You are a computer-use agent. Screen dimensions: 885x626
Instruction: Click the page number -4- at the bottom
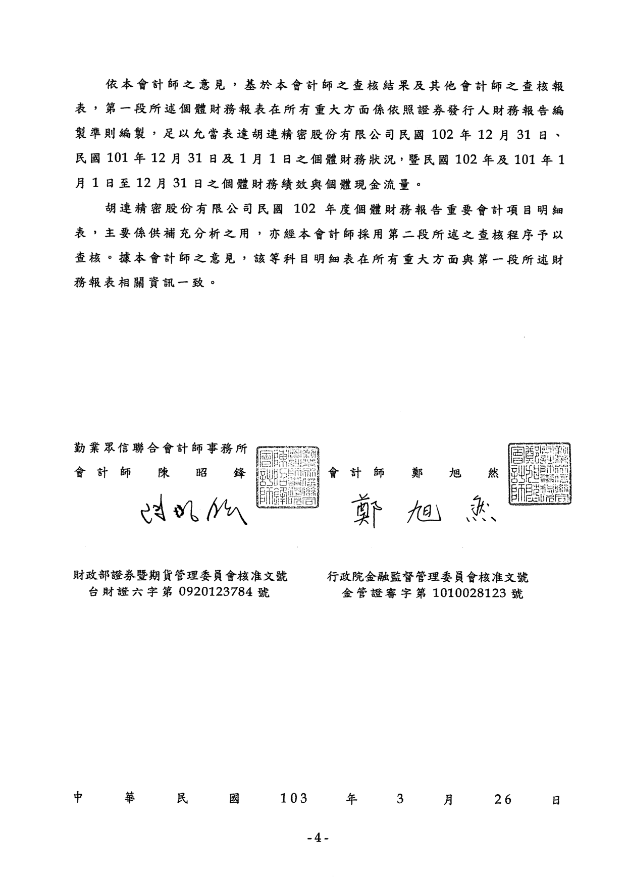(x=318, y=838)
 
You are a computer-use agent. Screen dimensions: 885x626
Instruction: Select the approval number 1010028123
(x=470, y=593)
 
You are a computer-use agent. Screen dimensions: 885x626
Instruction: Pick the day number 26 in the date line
(x=503, y=799)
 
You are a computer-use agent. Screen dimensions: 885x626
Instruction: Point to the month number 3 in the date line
(x=400, y=799)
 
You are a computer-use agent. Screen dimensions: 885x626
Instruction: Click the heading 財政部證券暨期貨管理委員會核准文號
(x=180, y=576)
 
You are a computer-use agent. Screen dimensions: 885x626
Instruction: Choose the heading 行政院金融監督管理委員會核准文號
(x=428, y=577)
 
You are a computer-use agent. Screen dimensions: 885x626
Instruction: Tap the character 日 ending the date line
(x=556, y=800)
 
